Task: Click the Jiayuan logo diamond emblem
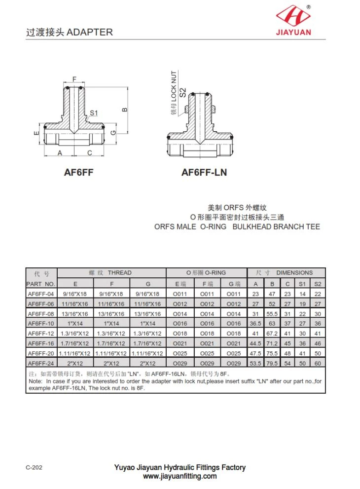293,16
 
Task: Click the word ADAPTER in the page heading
89,32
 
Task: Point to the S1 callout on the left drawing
94,113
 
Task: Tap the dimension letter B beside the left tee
124,110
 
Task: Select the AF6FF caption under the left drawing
78,173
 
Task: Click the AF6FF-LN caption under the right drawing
204,173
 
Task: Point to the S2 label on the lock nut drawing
183,92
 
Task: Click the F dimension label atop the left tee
74,79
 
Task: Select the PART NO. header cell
41,284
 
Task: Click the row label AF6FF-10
41,323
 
